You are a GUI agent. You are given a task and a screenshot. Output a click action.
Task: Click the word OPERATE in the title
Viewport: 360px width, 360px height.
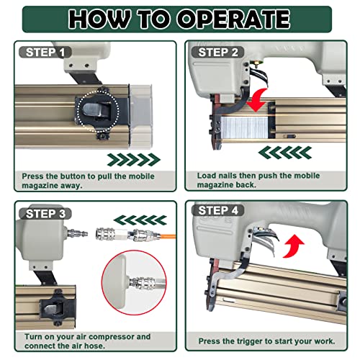click(233, 19)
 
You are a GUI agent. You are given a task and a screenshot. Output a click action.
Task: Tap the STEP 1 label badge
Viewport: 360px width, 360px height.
click(45, 52)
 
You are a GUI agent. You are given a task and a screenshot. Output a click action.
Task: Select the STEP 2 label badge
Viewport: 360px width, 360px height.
click(218, 52)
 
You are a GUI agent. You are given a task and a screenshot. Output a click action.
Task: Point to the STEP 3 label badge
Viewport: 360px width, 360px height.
click(45, 213)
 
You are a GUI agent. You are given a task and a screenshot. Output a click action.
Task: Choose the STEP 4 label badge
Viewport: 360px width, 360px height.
click(218, 210)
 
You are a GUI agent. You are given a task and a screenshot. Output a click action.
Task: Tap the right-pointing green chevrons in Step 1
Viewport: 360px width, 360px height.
click(133, 160)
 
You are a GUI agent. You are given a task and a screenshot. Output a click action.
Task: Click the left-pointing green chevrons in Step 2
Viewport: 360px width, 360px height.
click(285, 153)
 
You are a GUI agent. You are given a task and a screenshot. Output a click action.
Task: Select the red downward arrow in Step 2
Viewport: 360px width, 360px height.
click(257, 99)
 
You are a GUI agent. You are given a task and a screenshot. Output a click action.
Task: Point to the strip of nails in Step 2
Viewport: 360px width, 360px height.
click(244, 127)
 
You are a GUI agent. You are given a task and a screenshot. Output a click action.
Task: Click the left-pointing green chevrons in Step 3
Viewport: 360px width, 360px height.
click(140, 220)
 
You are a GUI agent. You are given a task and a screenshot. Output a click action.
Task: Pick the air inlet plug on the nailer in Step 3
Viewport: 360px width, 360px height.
click(77, 233)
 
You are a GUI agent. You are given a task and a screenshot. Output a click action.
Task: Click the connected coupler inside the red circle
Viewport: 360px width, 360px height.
click(143, 282)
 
